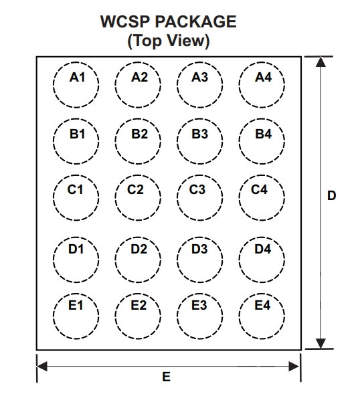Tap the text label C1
(75, 189)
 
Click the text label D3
(199, 249)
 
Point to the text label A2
(139, 77)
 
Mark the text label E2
(139, 305)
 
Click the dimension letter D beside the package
(331, 196)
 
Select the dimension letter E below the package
(166, 377)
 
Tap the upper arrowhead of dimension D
(321, 62)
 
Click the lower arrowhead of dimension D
(321, 344)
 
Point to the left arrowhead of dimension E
(42, 366)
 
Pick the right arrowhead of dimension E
(294, 366)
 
